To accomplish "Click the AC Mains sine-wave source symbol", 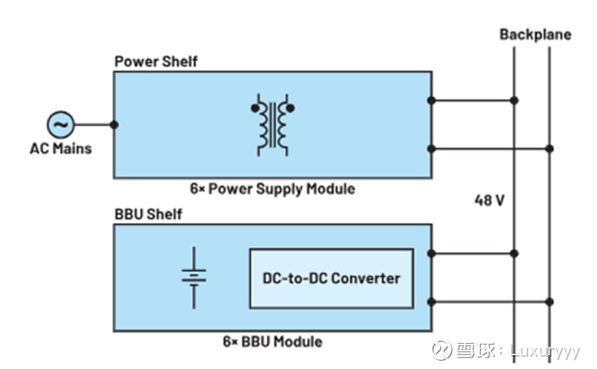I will point(59,124).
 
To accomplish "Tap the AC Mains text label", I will point(60,148).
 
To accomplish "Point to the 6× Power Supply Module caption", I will point(272,188).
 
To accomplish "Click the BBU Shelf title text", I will point(148,214).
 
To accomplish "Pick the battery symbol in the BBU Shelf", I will point(194,276).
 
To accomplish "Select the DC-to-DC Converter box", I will point(331,277).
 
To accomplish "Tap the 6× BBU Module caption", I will point(272,341).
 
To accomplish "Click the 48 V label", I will point(488,202).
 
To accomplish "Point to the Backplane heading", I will point(535,34).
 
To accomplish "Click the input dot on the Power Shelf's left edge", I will point(114,124).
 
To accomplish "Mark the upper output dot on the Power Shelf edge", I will point(432,100).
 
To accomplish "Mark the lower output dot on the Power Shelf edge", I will point(432,148).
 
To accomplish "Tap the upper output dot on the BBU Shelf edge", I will point(432,253).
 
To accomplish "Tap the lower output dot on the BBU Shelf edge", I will point(432,301).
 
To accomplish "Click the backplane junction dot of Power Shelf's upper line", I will point(514,100).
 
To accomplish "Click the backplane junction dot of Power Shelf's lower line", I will point(550,148).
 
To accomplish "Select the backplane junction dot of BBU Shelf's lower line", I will point(550,301).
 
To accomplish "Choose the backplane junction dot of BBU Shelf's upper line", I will point(514,253).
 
